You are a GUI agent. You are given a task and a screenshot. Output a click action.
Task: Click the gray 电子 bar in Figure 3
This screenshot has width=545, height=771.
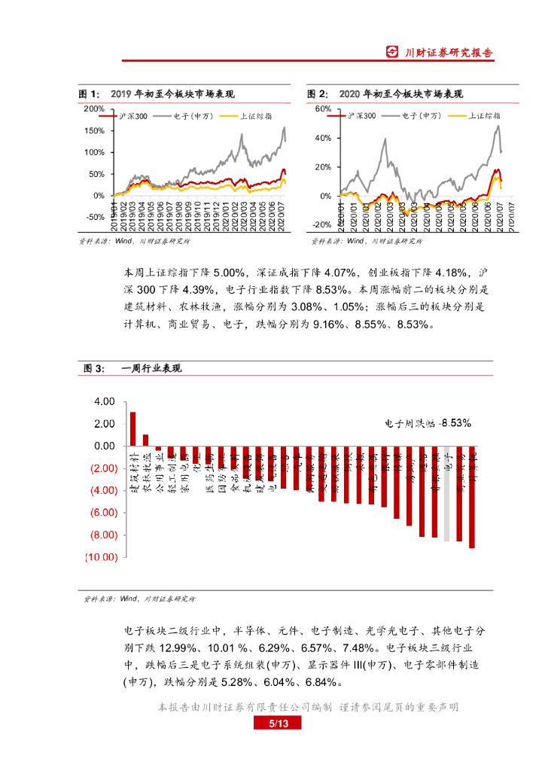(x=447, y=493)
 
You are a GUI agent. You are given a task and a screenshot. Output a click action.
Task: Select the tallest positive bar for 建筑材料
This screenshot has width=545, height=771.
(x=133, y=429)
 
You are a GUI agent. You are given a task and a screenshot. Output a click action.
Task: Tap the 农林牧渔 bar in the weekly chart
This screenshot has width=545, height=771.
(x=146, y=440)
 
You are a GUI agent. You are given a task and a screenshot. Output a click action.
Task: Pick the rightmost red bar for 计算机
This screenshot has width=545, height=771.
(x=472, y=497)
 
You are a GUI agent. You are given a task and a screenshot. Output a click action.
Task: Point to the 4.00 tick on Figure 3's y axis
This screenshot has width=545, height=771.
(x=105, y=401)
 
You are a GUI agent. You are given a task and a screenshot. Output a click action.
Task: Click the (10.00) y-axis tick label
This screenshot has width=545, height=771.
(x=102, y=557)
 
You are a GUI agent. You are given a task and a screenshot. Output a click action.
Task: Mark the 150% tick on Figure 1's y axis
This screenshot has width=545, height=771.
(x=95, y=130)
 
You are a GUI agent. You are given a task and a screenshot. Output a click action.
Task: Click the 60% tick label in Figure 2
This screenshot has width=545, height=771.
(x=322, y=109)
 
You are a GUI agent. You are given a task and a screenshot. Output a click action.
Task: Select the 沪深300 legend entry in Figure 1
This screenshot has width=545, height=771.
(x=133, y=117)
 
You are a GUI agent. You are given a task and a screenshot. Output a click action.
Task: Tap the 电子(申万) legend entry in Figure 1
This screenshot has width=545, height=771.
(x=193, y=117)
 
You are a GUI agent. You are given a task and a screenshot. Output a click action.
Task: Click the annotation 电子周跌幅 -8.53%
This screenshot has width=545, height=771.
(x=428, y=423)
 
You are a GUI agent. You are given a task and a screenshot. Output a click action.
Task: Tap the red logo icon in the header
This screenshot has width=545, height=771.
(x=392, y=52)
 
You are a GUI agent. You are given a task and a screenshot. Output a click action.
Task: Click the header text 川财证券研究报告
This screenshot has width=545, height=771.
(x=449, y=53)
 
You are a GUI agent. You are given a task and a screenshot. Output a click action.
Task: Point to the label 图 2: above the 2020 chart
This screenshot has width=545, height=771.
(x=317, y=94)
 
